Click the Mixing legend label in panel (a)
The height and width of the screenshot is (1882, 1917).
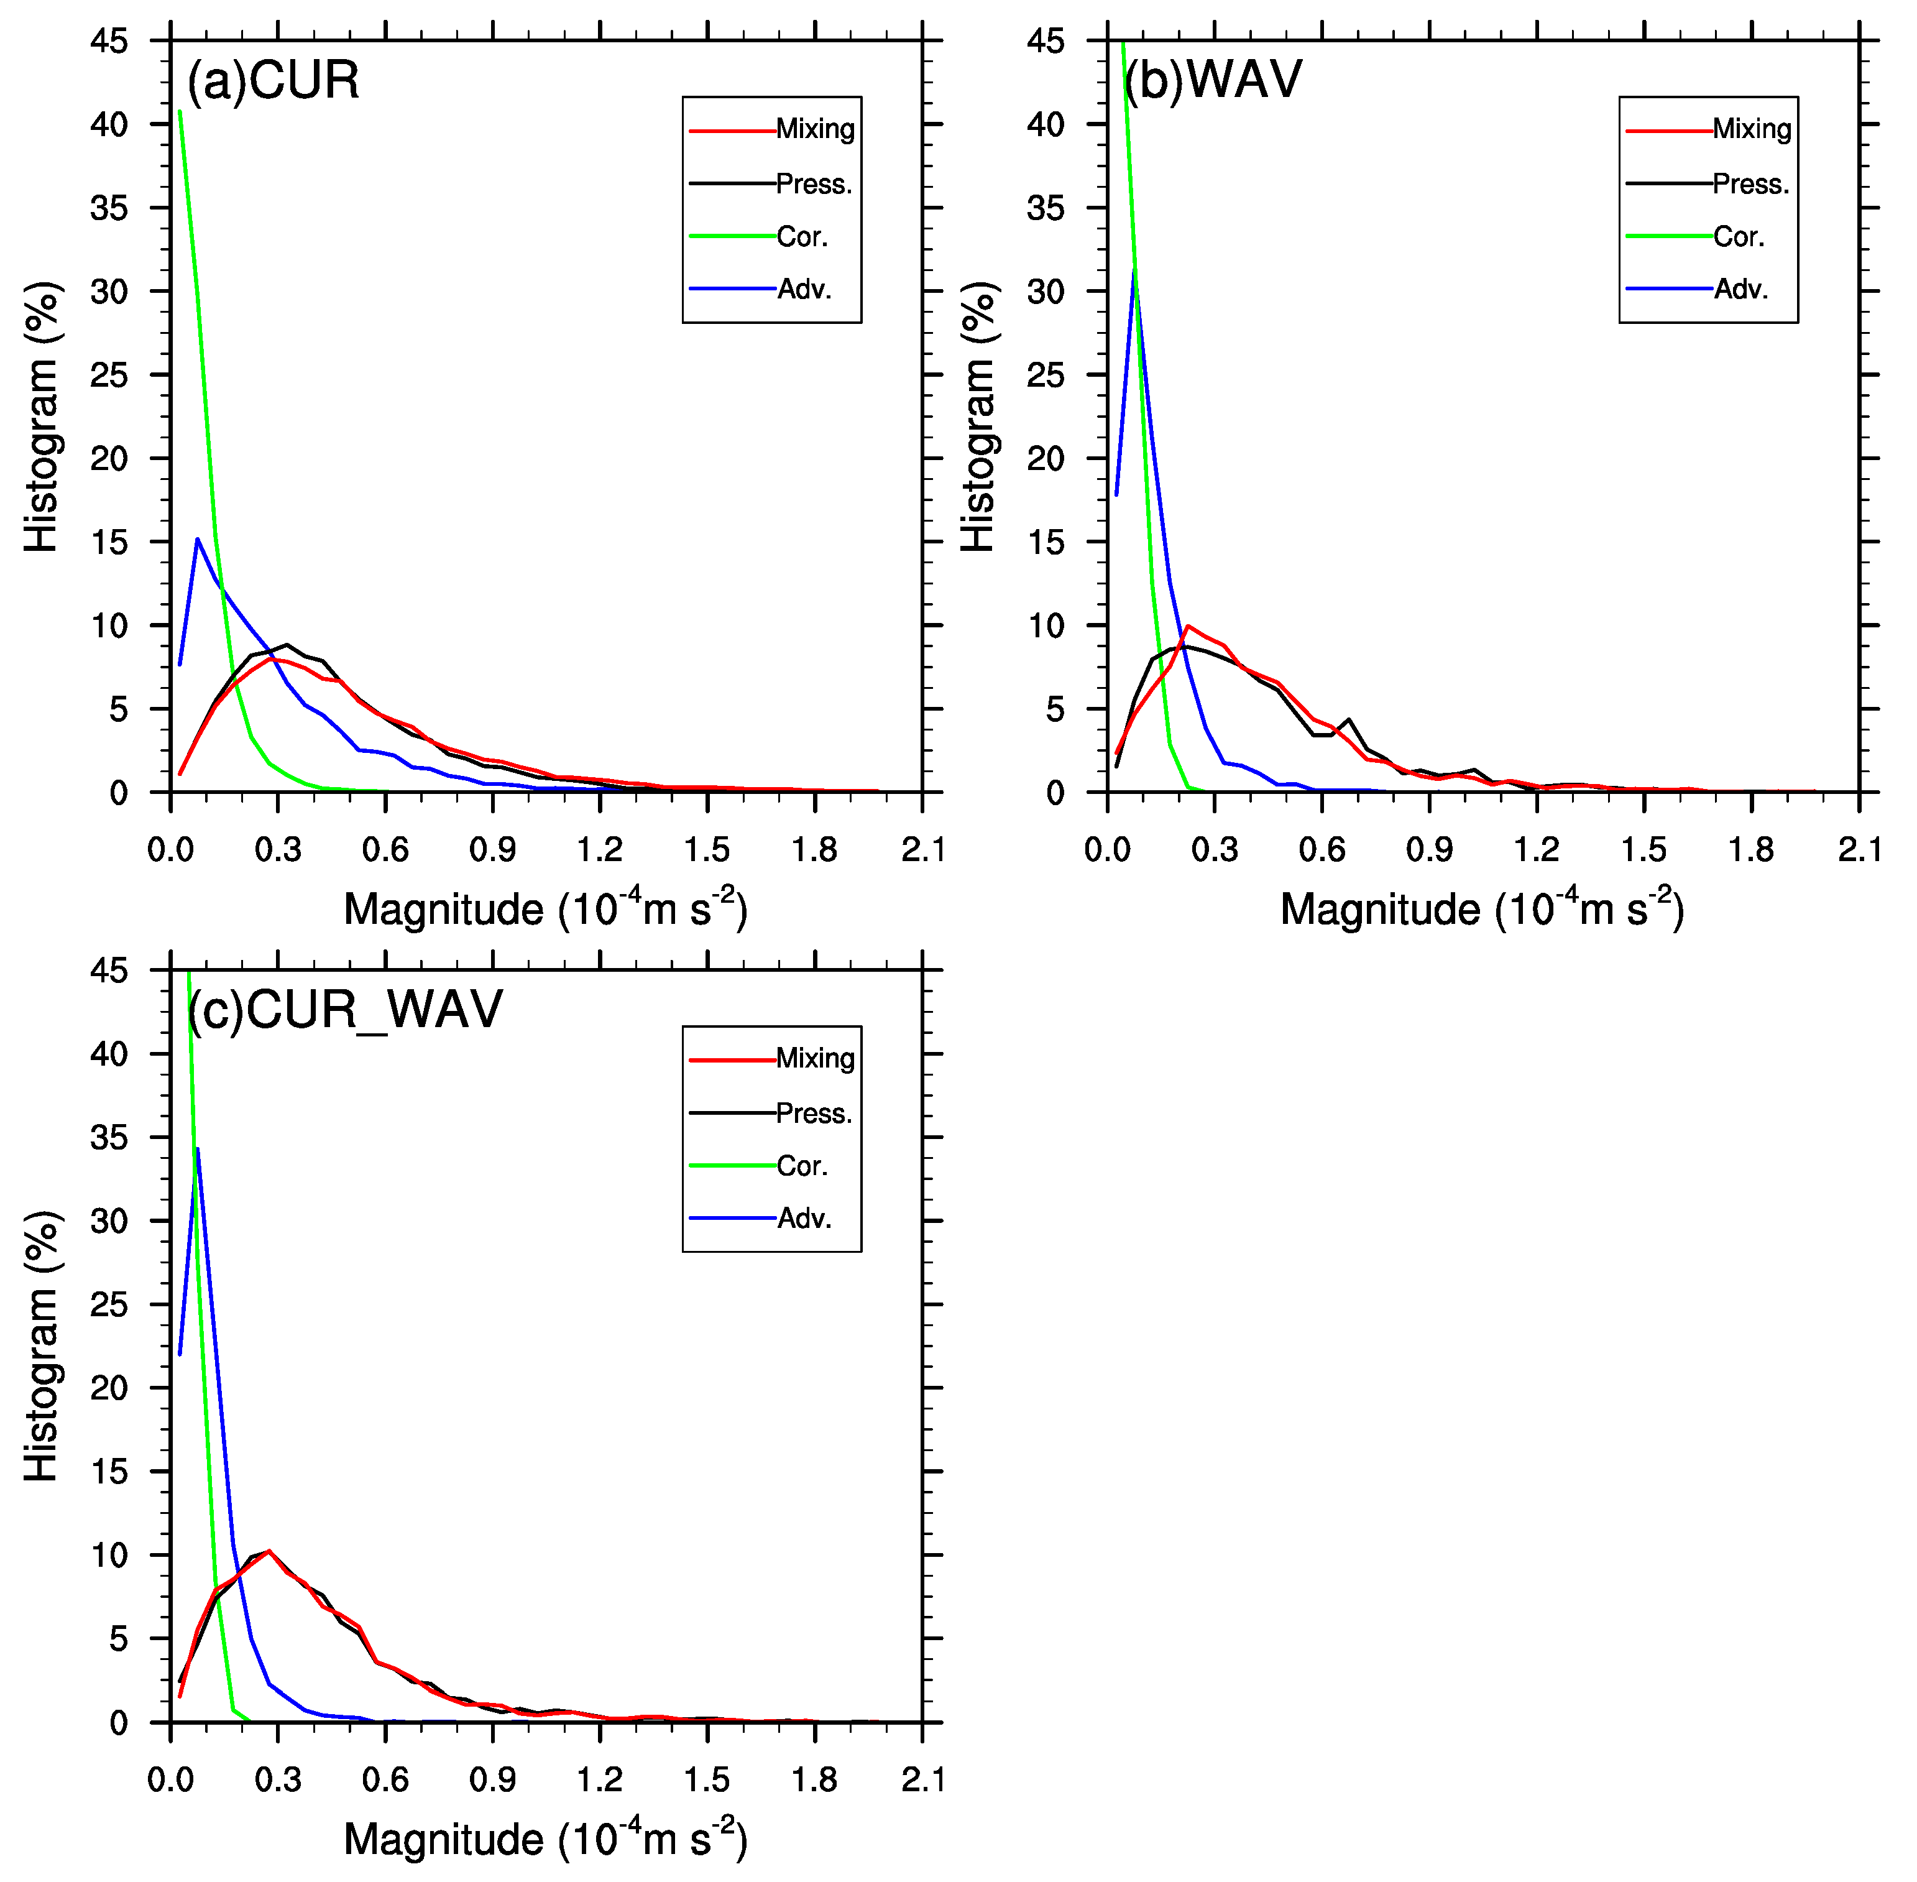point(814,129)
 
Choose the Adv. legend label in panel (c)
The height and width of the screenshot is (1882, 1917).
point(803,1218)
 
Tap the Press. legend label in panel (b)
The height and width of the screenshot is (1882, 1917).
point(1750,184)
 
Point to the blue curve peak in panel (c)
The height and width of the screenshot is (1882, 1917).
point(198,1148)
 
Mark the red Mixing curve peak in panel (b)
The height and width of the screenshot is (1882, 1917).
point(1187,625)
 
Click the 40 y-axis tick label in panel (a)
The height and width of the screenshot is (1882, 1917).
point(109,124)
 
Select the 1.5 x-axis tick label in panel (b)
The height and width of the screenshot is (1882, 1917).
point(1643,850)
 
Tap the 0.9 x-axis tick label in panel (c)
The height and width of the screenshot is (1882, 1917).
point(492,1779)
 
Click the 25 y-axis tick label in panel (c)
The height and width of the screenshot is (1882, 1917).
point(109,1305)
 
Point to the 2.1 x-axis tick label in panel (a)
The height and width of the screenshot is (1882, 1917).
point(921,850)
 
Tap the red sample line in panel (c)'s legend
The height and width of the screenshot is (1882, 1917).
point(731,1059)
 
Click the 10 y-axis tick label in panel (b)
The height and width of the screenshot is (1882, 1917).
point(1046,625)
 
